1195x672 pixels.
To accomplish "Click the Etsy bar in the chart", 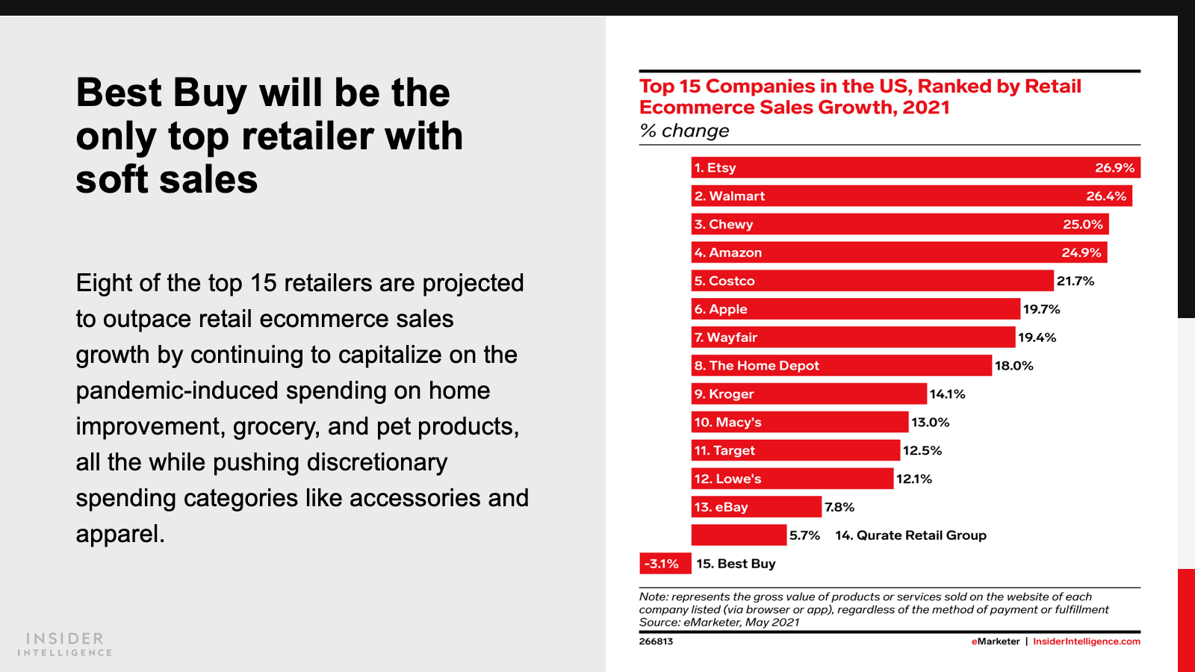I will (x=915, y=167).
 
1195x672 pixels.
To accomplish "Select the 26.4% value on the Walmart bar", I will (x=1105, y=196).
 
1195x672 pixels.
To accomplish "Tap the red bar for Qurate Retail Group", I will (x=739, y=535).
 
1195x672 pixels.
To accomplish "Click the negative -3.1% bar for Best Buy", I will (x=665, y=564).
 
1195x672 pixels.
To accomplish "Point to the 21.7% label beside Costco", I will (x=1075, y=281).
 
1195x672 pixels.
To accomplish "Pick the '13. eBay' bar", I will (x=756, y=507).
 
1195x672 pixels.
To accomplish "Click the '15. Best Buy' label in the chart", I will (x=736, y=564).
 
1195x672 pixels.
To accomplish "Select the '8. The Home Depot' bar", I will (x=841, y=366).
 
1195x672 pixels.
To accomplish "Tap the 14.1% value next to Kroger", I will (x=947, y=394).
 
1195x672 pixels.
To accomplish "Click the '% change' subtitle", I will (x=684, y=131).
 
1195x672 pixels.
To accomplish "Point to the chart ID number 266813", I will (x=656, y=641).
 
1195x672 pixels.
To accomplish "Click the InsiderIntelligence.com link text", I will (x=1086, y=641).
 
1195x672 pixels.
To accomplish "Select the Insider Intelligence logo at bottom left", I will (x=65, y=644).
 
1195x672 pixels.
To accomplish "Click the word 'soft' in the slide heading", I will (x=111, y=180).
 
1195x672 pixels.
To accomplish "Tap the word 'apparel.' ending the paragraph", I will (x=120, y=534).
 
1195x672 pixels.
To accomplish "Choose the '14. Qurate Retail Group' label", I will (x=910, y=535).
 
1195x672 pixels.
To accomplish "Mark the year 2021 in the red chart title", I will (x=925, y=108).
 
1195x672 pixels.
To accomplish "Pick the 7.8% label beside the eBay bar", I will (x=839, y=508).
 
